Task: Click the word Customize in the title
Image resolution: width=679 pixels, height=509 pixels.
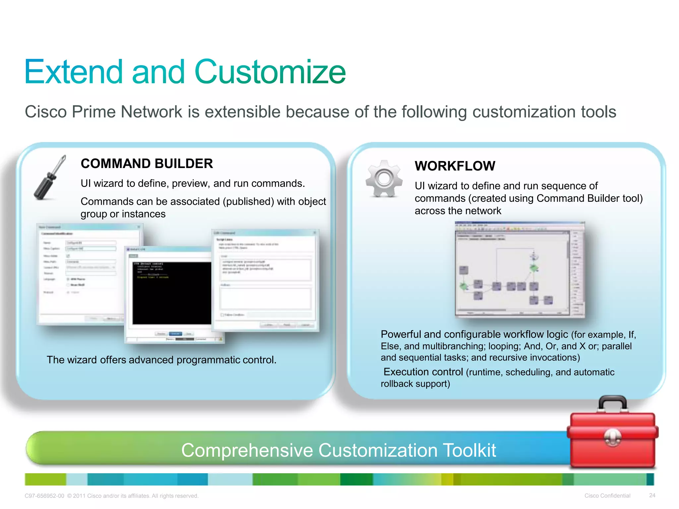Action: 270,72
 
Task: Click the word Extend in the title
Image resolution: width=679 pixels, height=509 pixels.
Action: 74,72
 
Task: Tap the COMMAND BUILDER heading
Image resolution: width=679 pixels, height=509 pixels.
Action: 147,164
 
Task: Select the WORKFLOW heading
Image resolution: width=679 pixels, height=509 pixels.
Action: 455,166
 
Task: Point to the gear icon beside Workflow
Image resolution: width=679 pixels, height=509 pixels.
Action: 384,179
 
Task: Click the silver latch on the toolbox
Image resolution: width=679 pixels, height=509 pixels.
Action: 612,437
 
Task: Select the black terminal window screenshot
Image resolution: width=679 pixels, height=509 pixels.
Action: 171,293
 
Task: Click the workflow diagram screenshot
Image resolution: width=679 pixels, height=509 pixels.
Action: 519,269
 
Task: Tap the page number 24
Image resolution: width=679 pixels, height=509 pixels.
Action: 652,495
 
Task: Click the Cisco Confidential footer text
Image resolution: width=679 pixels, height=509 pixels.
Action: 607,496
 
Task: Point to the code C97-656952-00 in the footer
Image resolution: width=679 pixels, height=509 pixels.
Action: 44,496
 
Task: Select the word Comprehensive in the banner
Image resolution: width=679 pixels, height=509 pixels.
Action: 247,450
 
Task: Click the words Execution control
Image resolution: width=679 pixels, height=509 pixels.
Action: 423,372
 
